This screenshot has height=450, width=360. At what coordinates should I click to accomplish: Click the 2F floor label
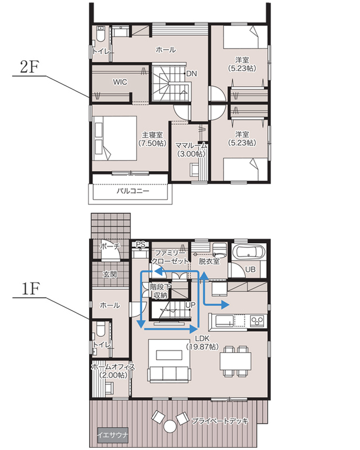(x=29, y=67)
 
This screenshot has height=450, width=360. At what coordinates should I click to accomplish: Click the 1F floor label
(x=30, y=289)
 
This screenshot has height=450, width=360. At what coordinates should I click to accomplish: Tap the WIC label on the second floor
(x=120, y=82)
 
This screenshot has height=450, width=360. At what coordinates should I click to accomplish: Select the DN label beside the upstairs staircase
(x=192, y=74)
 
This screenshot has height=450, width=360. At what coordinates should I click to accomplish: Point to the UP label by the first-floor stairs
(x=191, y=305)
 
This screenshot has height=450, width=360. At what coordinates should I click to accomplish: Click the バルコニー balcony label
(x=133, y=191)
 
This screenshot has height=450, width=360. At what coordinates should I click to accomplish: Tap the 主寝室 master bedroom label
(x=152, y=135)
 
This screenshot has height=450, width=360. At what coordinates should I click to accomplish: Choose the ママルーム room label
(x=191, y=145)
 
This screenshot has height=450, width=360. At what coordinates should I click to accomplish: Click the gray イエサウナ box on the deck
(x=113, y=435)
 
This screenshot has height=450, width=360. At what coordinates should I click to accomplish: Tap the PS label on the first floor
(x=141, y=244)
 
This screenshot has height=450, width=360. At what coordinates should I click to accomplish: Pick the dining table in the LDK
(x=236, y=361)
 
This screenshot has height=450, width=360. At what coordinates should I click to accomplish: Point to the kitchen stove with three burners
(x=257, y=321)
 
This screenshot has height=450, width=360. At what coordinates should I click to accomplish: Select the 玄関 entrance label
(x=110, y=274)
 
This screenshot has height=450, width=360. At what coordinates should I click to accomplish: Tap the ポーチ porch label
(x=110, y=246)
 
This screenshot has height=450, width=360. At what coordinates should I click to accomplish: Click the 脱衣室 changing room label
(x=209, y=261)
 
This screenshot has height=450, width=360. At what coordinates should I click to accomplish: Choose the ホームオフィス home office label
(x=113, y=366)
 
